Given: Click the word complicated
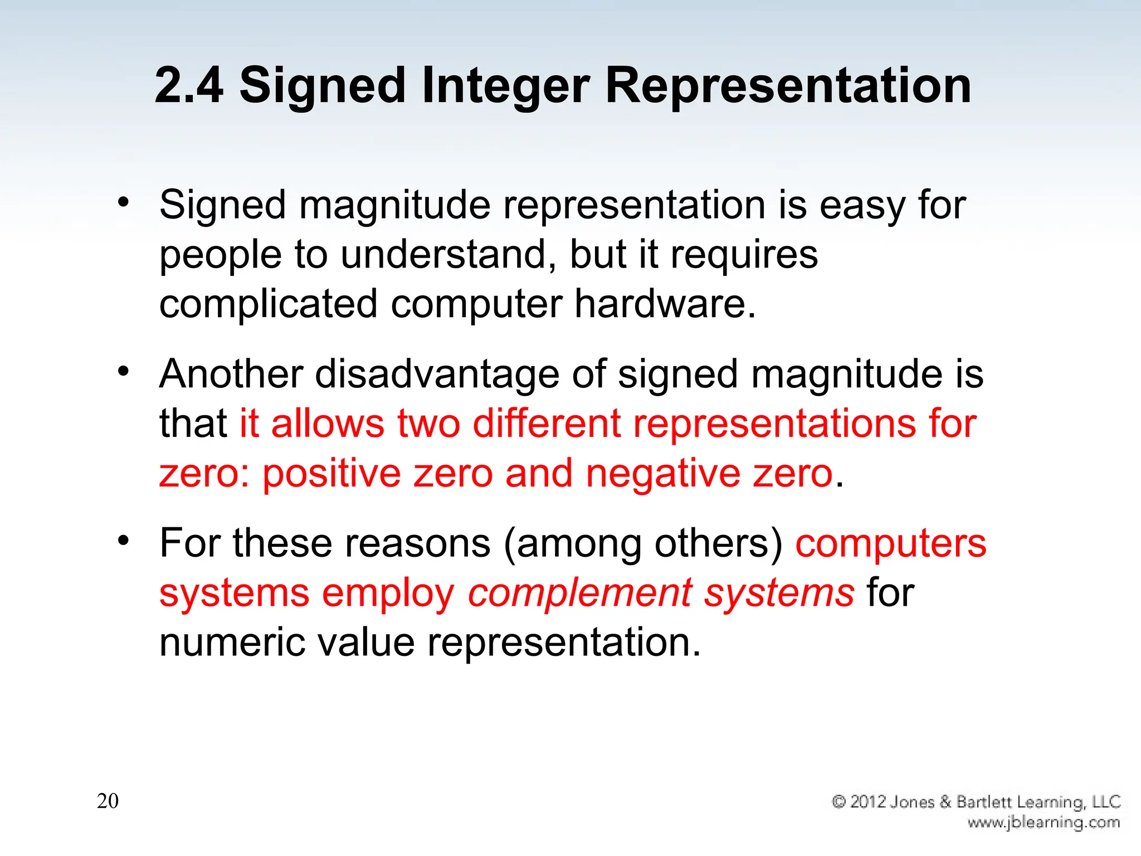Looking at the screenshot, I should pos(268,304).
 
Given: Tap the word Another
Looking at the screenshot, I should pos(231,374).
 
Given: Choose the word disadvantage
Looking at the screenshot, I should pos(437,374).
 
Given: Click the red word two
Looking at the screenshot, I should pos(428,424).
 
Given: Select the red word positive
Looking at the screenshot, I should pos(331,474).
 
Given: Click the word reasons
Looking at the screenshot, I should pos(417,543).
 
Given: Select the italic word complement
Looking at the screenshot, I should pos(579,593).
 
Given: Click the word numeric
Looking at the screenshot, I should pos(231,643).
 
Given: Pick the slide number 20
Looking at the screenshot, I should pos(108,801).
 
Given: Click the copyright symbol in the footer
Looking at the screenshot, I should pos(838,802).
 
